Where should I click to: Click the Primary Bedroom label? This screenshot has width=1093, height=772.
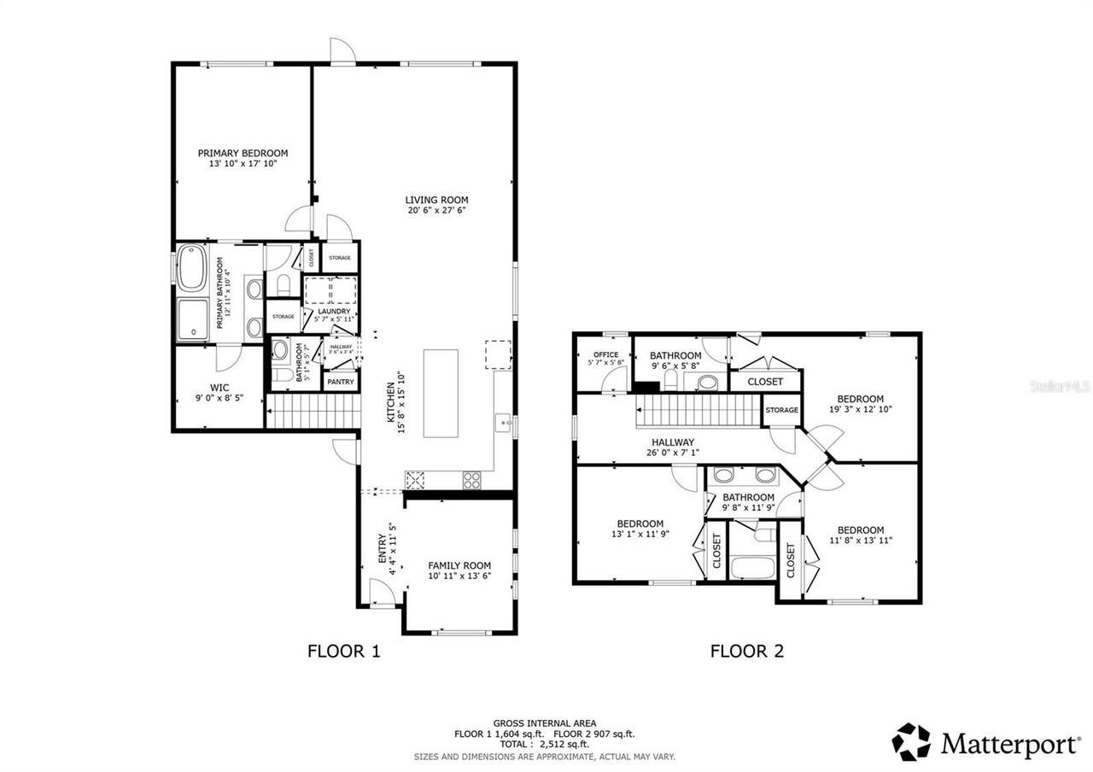pyautogui.click(x=243, y=154)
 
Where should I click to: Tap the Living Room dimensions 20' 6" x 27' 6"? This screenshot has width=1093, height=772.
pyautogui.click(x=436, y=210)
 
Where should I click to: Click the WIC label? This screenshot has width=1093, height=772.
pyautogui.click(x=219, y=387)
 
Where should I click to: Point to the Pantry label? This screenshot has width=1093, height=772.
pyautogui.click(x=341, y=382)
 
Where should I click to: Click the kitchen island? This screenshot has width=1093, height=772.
pyautogui.click(x=441, y=393)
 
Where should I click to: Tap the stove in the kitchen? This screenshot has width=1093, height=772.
pyautogui.click(x=471, y=480)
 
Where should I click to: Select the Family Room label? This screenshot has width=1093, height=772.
pyautogui.click(x=459, y=565)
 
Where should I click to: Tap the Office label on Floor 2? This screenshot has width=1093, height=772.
pyautogui.click(x=605, y=354)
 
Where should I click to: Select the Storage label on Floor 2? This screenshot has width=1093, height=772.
pyautogui.click(x=781, y=410)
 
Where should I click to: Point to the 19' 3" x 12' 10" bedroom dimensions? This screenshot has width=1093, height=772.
pyautogui.click(x=860, y=410)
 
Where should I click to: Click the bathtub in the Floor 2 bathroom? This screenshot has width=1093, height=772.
pyautogui.click(x=752, y=567)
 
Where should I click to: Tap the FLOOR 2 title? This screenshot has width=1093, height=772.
pyautogui.click(x=746, y=652)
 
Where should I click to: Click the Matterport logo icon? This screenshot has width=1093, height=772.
pyautogui.click(x=911, y=741)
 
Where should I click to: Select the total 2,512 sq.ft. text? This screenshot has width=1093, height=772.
pyautogui.click(x=544, y=745)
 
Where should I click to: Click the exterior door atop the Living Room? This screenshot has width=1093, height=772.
pyautogui.click(x=342, y=51)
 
